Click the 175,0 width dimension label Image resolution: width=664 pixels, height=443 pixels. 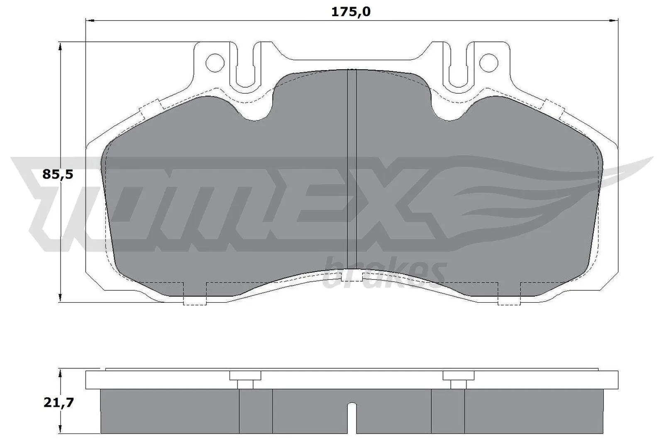[x=350, y=12]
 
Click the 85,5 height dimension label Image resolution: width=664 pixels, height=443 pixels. [x=58, y=174]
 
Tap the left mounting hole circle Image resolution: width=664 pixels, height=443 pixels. [x=215, y=62]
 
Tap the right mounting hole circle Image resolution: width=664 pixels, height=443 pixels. [x=488, y=62]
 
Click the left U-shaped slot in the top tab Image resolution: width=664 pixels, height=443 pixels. [x=248, y=66]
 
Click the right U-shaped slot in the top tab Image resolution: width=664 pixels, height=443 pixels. [x=456, y=66]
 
